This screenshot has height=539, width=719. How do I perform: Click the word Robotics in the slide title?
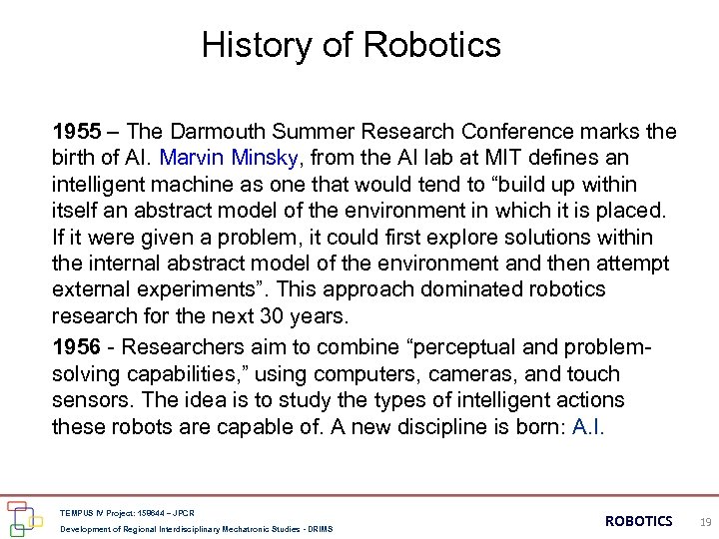click(x=431, y=45)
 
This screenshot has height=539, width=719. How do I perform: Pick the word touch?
click(x=593, y=374)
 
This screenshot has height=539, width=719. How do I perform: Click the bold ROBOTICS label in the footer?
click(x=639, y=521)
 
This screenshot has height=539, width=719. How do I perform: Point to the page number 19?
click(x=705, y=521)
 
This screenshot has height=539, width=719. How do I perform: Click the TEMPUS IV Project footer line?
click(x=128, y=513)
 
